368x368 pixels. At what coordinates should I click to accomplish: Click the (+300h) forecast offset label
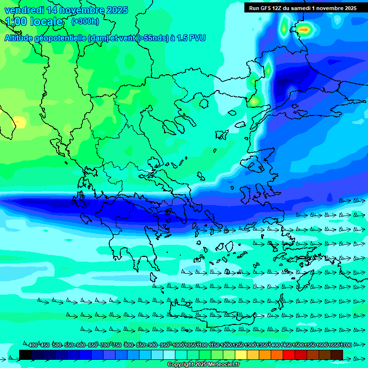pos(85,21)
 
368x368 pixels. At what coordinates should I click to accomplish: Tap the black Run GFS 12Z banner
pos(303,8)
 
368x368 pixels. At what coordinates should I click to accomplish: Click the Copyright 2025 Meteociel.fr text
pos(204,365)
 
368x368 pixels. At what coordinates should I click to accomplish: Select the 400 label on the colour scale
pos(33,345)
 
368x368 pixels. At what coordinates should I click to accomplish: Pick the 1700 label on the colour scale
pos(346,345)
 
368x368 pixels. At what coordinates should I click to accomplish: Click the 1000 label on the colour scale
pos(178,345)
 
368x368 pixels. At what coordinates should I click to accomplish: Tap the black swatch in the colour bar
pos(25,355)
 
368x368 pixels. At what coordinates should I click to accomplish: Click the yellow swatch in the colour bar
pos(241,355)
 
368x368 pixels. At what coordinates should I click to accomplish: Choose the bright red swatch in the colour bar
pos(289,355)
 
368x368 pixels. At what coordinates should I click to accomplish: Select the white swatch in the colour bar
pos(169,355)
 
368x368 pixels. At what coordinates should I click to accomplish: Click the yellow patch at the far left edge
pos(19,122)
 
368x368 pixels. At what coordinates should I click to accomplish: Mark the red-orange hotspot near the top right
pos(304,29)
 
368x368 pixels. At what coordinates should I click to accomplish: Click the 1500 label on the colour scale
pos(298,345)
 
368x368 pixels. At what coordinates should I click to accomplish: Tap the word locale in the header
pos(46,22)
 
